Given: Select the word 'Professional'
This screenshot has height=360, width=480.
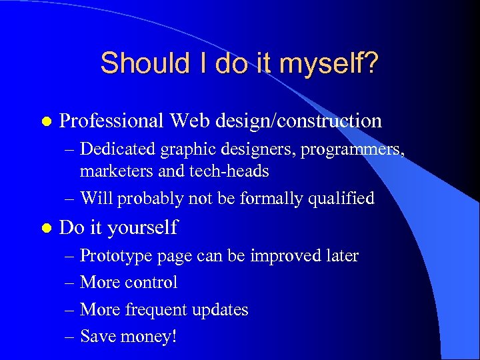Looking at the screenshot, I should [x=111, y=121].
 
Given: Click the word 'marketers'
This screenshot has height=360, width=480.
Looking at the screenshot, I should [x=111, y=171].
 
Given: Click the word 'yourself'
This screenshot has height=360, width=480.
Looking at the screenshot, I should [x=144, y=229].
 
